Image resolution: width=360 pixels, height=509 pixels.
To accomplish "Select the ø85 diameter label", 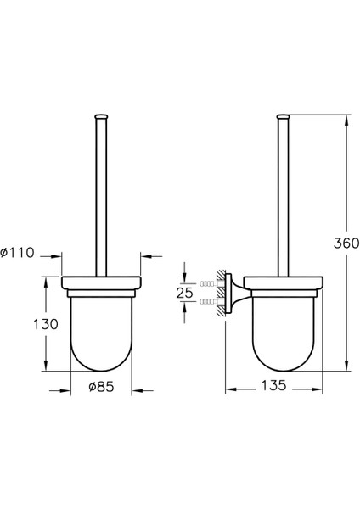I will click(102, 387).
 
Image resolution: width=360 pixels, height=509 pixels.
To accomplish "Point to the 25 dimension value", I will click(185, 293).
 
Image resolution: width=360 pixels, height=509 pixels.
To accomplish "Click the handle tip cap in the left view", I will click(102, 115).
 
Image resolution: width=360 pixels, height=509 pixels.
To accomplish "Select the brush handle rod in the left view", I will click(102, 195).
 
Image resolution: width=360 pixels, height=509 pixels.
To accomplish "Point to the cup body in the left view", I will click(102, 331).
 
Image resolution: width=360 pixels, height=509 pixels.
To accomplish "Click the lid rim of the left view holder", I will click(102, 283).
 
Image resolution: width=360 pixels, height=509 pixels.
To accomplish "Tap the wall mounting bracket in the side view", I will click(233, 293).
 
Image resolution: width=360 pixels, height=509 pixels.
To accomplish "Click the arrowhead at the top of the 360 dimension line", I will click(346, 119).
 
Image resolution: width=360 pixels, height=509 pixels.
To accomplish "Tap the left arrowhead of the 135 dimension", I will click(228, 391).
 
